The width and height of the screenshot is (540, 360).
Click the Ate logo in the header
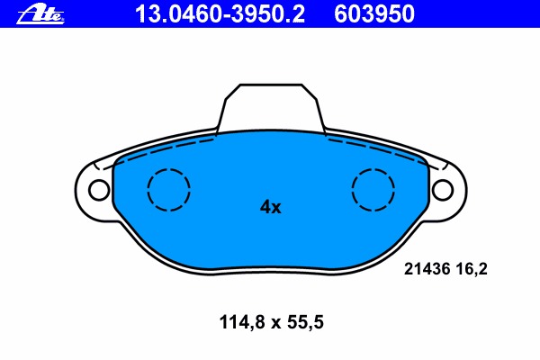coord(40,15)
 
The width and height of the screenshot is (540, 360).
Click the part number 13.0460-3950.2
coord(220,14)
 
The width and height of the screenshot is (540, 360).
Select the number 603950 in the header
coord(374,14)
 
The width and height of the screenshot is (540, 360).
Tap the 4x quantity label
coord(270,207)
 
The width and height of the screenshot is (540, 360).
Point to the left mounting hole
coord(99,190)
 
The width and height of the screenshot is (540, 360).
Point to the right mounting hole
coord(443,190)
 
